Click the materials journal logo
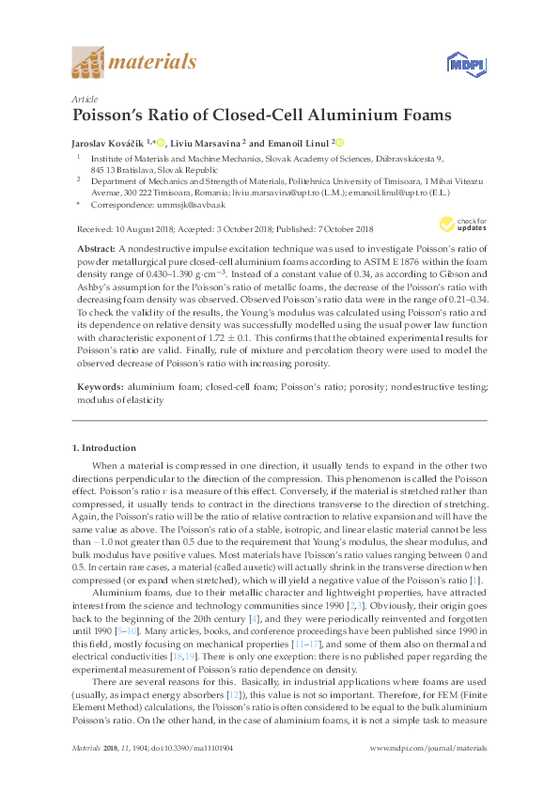point(133,64)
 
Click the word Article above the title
point(84,99)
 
